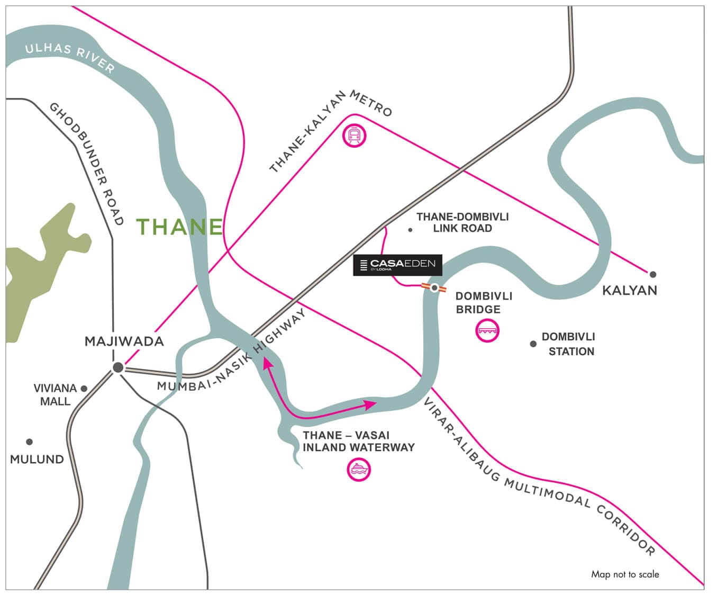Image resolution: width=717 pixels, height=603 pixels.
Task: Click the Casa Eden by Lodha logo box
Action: coord(397,265)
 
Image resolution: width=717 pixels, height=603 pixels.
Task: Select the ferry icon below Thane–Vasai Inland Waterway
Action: coord(358,469)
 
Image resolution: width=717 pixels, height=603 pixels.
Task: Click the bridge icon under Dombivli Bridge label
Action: coord(487,331)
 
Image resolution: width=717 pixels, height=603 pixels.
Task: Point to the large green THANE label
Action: coord(180,227)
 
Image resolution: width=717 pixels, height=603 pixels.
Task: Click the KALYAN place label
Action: coord(629,290)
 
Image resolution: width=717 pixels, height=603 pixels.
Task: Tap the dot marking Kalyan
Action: coord(653,274)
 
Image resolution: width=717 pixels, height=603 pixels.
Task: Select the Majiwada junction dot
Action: coord(118,367)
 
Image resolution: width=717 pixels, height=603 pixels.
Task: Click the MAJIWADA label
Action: coord(124,341)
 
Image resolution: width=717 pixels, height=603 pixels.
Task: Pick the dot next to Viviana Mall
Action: coord(84,389)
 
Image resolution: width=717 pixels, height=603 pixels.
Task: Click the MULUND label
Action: coord(37,459)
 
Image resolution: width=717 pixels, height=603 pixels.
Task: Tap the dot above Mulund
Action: coord(30,442)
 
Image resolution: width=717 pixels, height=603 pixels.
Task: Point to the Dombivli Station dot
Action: coord(533,344)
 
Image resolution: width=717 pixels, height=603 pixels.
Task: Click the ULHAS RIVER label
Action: coord(70,57)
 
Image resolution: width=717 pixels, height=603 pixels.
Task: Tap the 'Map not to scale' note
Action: coord(625,574)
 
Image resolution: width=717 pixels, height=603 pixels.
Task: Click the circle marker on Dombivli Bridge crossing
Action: coord(434,288)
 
